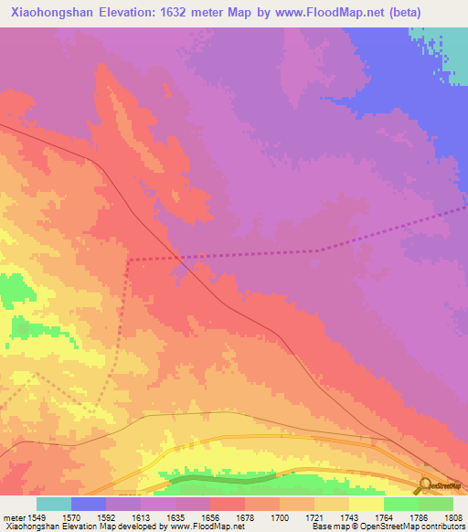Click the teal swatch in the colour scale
pos(54,504)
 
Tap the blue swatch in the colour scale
pos(89,504)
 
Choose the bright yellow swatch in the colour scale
pos(367,504)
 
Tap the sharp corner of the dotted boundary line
pos(130,261)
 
